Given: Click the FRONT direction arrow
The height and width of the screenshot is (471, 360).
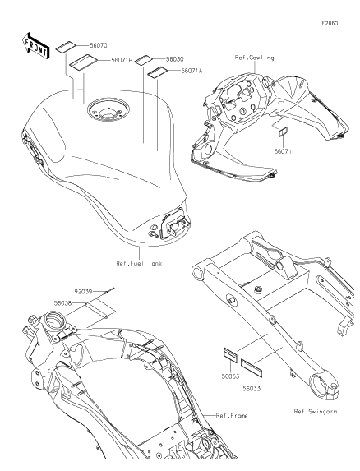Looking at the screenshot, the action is pos(35,46).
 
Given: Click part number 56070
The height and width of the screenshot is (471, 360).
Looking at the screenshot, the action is pos(98,46).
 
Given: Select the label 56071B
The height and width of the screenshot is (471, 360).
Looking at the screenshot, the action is pos(122,60).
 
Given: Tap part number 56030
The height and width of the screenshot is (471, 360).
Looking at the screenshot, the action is pos(175,59).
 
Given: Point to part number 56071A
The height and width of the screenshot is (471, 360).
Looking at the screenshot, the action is pos(192,71).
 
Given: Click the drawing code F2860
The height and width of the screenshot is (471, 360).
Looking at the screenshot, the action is pos(330,23).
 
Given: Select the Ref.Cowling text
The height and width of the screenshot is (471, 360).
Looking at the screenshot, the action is pos(254,58).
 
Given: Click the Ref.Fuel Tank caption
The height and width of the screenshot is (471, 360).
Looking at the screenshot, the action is pos(140,263).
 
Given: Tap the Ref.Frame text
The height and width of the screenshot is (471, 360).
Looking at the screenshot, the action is pos(232,416).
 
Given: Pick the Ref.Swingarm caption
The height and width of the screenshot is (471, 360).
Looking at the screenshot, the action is pos(316,412).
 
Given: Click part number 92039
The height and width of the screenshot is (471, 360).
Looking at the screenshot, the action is pos(83,292).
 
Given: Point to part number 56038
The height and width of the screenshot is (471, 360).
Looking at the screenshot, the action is pos(62,303).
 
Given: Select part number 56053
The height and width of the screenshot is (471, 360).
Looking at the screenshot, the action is pos(230,376).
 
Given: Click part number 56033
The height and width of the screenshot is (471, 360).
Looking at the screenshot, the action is pos(252,389).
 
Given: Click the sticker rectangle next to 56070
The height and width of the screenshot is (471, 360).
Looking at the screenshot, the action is pos(66,47).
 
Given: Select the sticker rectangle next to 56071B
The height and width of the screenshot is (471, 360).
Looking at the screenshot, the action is pos(84,62).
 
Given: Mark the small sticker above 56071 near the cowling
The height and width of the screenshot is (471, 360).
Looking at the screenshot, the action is pos(283,132).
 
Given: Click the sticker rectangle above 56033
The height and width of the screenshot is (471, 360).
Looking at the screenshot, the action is pos(252,367).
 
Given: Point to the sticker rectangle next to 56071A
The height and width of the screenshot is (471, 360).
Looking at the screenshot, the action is pos(157,73).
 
